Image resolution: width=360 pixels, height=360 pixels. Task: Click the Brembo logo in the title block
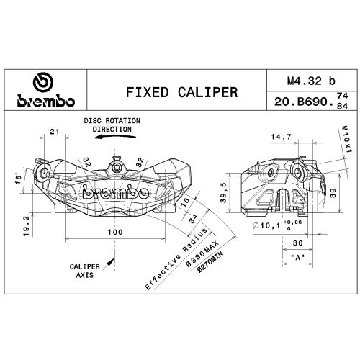click(x=46, y=89)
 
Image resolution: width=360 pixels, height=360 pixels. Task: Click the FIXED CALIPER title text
click(x=181, y=92)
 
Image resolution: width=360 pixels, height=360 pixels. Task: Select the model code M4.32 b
click(x=311, y=81)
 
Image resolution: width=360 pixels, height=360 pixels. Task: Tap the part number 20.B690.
click(x=305, y=102)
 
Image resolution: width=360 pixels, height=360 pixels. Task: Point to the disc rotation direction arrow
click(x=115, y=137)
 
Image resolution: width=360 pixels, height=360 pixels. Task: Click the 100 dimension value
click(x=115, y=232)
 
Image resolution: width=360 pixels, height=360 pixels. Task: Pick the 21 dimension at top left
click(x=55, y=132)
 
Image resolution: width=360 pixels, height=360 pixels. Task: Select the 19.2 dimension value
click(x=27, y=225)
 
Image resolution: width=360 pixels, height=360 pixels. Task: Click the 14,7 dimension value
click(x=281, y=137)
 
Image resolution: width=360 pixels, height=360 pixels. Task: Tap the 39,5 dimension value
click(x=224, y=192)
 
